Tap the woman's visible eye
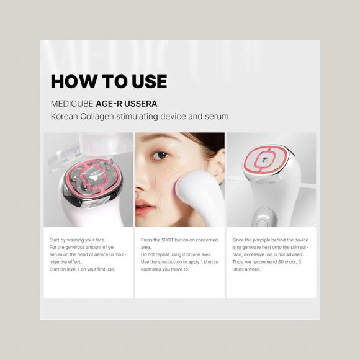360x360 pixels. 161,155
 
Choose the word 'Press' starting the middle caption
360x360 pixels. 147,239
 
